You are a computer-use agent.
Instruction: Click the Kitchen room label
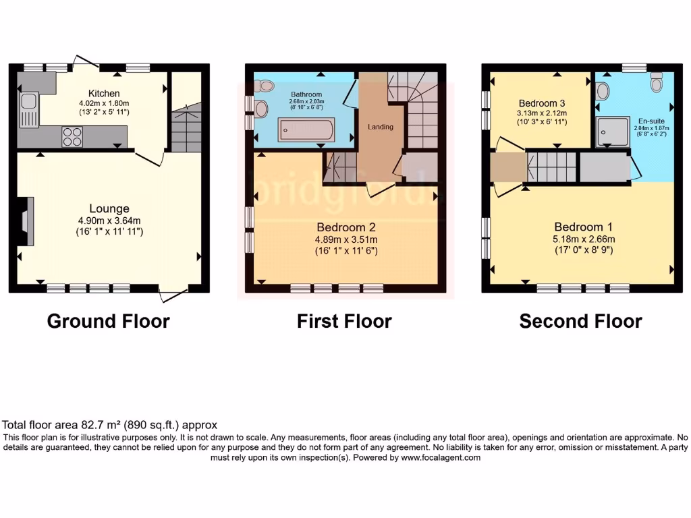pos(104,93)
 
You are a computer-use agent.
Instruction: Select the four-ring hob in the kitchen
pos(72,137)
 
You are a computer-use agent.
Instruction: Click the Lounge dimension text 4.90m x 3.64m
pos(108,221)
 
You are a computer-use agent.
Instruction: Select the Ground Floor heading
pos(108,321)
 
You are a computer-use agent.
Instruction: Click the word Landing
pos(380,127)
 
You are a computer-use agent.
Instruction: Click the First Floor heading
pos(344,321)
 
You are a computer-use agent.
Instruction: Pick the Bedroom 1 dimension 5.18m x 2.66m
pos(584,239)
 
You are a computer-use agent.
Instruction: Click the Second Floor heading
pos(580,321)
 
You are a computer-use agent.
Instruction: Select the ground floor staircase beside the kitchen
pos(186,128)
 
